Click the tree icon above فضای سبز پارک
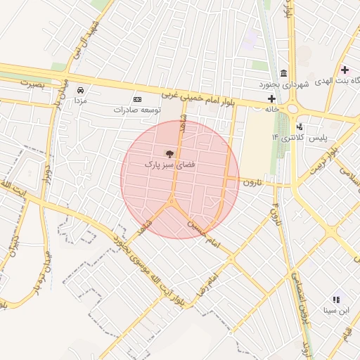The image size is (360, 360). (x=169, y=153)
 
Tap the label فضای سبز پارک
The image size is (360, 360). (x=169, y=164)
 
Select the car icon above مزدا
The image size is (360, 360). (x=81, y=91)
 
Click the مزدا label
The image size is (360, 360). (x=81, y=101)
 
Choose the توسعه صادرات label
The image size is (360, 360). (x=137, y=110)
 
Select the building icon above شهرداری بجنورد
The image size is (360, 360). (x=283, y=74)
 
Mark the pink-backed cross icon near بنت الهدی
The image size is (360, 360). (x=344, y=70)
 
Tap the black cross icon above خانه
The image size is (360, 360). (x=271, y=98)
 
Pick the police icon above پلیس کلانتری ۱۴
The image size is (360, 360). (x=300, y=127)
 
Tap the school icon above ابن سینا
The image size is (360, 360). (x=335, y=299)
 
